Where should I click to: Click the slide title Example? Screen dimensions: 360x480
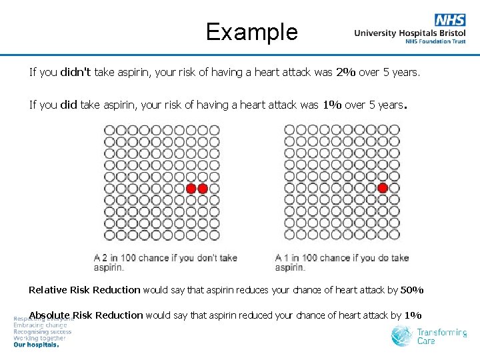[251, 31]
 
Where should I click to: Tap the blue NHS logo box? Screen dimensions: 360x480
[450, 20]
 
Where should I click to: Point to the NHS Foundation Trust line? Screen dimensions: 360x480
[435, 41]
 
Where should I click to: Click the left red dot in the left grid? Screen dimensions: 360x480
[191, 189]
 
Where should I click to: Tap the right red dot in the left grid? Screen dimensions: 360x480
[203, 189]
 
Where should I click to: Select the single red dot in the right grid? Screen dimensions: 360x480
[383, 189]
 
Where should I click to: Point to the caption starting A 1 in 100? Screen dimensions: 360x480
[341, 262]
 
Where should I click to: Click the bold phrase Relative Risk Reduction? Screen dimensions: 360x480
[84, 290]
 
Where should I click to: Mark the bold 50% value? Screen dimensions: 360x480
[412, 290]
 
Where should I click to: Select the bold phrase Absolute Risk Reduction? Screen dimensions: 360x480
[86, 315]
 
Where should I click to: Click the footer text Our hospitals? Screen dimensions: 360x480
[36, 345]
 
